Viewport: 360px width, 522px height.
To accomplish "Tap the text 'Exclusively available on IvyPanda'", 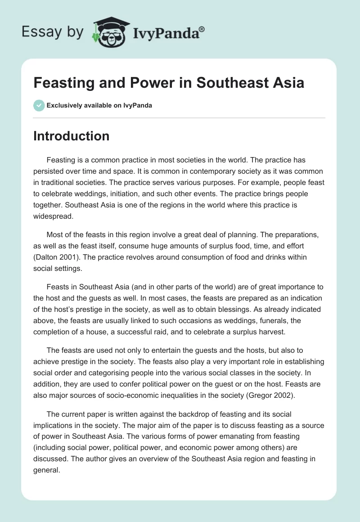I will coord(99,105).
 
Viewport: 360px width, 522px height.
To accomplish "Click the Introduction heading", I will coord(71,136).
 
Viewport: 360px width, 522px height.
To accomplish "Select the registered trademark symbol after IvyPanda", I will coord(202,29).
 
